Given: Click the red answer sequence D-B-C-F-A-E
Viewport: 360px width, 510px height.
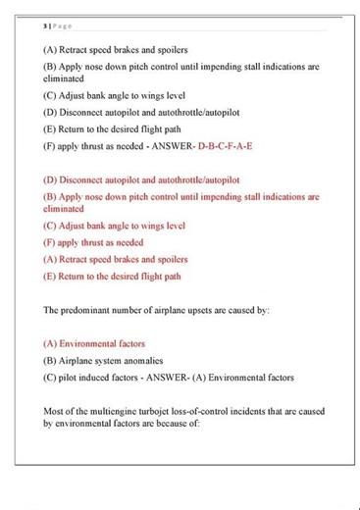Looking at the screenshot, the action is point(225,145).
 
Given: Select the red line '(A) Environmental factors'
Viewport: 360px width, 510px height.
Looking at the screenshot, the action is point(94,344).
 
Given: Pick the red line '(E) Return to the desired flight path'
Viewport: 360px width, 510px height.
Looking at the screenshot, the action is point(113,277).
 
